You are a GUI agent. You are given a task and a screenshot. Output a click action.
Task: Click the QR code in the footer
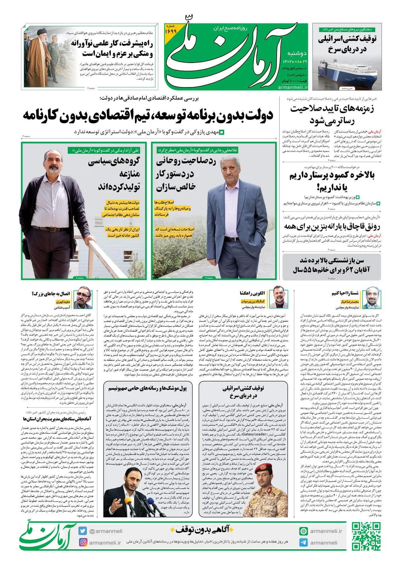point(366,536)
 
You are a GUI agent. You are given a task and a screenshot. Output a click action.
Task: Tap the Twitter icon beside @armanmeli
point(83,531)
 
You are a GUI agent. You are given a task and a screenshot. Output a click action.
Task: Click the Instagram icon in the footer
point(83,542)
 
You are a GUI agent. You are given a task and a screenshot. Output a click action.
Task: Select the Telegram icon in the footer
point(304,543)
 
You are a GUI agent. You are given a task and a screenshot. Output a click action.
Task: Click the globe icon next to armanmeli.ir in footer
point(304,531)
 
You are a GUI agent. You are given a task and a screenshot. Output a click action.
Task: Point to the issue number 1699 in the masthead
point(171,31)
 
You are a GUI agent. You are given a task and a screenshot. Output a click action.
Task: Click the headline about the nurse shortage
point(332,181)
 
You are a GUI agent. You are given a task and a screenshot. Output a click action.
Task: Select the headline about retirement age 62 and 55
point(332,265)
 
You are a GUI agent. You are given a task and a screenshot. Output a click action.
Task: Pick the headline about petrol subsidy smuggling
point(332,227)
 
